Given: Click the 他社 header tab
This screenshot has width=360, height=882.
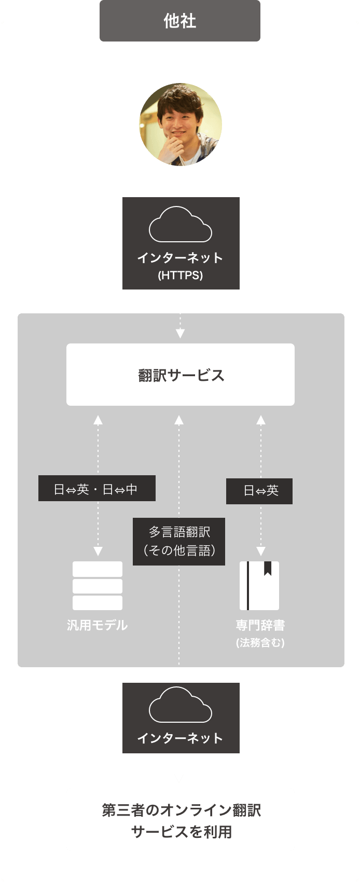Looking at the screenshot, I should point(179,21).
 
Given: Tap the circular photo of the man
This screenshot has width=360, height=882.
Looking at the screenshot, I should point(180,125).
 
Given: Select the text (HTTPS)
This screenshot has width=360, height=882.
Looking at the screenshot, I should point(180,275).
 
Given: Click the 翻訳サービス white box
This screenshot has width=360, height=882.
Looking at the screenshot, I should point(180,375).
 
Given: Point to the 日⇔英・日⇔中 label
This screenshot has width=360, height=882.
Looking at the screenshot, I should point(96,489).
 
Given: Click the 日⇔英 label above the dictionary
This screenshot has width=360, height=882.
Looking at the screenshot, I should point(259,491).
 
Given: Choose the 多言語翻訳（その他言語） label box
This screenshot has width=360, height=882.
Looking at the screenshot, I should point(179,541).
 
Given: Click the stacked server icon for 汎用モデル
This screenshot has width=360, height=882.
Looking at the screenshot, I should point(98,586).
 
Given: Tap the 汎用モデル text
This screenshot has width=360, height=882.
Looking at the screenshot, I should point(98,625).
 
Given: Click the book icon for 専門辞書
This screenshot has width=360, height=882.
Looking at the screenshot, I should point(259,586).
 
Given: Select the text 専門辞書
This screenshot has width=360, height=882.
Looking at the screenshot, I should point(260,625).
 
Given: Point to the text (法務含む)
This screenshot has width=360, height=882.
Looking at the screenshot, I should point(260,643).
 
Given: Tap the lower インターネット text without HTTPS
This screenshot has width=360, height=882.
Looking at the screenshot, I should point(180,738).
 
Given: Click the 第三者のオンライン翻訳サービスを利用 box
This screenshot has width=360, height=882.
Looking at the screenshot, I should point(180,820).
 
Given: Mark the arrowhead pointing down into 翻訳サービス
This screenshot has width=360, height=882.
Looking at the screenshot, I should point(180,334).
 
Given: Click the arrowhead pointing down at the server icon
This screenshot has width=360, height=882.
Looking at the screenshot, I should point(98,552).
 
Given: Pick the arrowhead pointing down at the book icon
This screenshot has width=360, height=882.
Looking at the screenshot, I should point(261,552).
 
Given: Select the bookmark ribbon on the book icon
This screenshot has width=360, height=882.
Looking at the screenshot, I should point(268,569).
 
